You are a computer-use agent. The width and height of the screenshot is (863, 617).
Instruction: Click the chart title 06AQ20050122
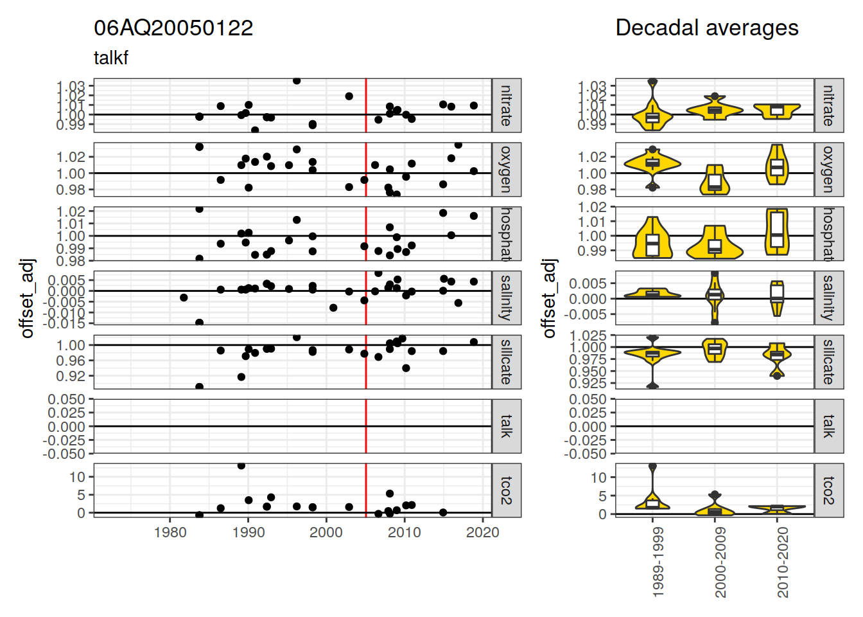pos(173,28)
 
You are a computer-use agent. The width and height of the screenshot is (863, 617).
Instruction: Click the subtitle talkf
pos(111,58)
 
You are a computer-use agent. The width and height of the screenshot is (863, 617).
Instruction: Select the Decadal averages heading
pos(706,28)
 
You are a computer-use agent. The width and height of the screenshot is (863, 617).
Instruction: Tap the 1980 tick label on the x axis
pos(170,532)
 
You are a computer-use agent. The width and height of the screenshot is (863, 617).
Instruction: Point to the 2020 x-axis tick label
pos(482,532)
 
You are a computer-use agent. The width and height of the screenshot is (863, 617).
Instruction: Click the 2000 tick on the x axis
pos(326,532)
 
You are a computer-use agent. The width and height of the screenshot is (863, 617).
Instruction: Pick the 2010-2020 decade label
pos(782,563)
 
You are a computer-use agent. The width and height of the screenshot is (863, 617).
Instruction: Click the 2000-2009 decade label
pos(720,563)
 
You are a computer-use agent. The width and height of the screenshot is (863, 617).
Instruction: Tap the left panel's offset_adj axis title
pos(27,298)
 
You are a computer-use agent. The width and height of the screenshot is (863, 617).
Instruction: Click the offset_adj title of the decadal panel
pos(548,298)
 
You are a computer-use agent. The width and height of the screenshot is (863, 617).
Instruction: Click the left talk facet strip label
pos(507,426)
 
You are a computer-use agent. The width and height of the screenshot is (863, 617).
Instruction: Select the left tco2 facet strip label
pos(507,490)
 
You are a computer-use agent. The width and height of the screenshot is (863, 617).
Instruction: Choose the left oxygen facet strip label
pos(507,170)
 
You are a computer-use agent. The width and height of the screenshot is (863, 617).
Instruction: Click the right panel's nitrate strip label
pos(829,105)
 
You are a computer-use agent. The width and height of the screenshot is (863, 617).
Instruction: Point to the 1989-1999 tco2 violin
pos(652,502)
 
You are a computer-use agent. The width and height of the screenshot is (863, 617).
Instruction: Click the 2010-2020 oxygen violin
pos(777,166)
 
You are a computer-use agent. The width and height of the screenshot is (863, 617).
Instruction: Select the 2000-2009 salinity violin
pos(715,296)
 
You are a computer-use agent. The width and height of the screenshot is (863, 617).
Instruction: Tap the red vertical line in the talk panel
pos(366,426)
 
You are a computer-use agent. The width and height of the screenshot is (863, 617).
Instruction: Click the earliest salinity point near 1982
pos(184,298)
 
